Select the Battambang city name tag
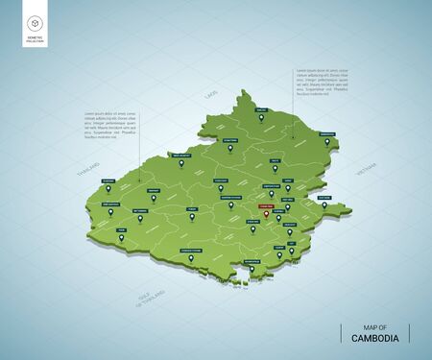(x=139, y=208)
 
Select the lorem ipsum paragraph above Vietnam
(x=322, y=83)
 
